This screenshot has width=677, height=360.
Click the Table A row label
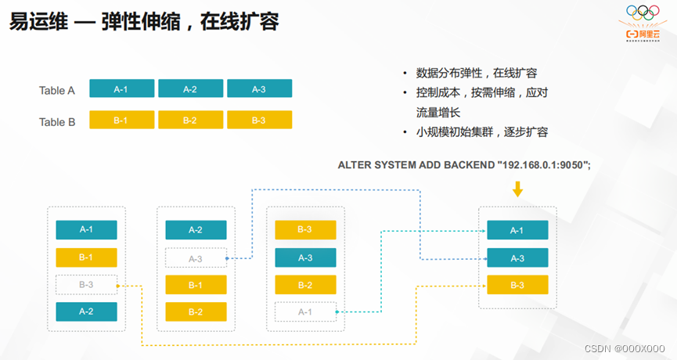(x=56, y=90)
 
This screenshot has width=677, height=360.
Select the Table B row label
(x=56, y=121)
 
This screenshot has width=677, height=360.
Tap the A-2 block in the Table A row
(x=190, y=89)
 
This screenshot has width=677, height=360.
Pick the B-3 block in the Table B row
(x=259, y=121)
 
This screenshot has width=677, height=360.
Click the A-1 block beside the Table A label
(x=121, y=89)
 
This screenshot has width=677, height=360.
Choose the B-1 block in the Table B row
(x=121, y=121)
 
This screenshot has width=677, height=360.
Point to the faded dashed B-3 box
(x=86, y=285)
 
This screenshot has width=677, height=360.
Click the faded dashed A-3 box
(x=196, y=258)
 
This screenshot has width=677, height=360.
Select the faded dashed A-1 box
(x=305, y=311)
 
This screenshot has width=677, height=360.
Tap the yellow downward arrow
(x=517, y=189)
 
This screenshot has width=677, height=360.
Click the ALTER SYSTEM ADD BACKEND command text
(x=463, y=165)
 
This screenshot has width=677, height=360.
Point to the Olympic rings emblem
(x=643, y=13)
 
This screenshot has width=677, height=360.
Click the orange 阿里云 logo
(x=643, y=34)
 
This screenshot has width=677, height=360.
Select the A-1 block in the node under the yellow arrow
(x=517, y=230)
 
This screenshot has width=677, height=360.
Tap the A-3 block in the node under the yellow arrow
(x=517, y=258)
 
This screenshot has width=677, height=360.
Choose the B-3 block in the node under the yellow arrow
(x=517, y=285)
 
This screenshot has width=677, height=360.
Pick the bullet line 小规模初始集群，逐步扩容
(x=481, y=132)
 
